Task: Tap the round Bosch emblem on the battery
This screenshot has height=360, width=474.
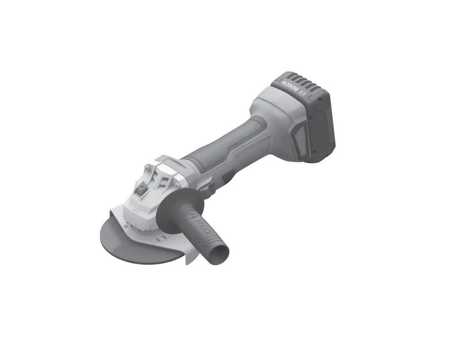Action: click(303, 93)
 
